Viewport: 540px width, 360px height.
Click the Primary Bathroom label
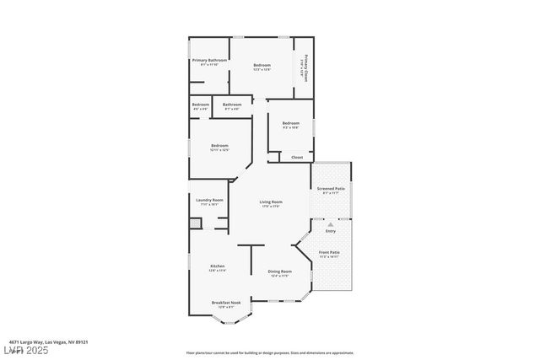[x=210, y=61]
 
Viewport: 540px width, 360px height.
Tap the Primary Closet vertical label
[x=305, y=66]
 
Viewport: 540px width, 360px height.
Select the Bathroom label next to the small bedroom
[x=231, y=105]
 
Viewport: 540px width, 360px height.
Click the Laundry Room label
[x=208, y=200]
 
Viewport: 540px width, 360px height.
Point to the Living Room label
[x=271, y=201]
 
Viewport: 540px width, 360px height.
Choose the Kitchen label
[x=218, y=266]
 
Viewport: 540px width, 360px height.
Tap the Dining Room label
[x=279, y=271]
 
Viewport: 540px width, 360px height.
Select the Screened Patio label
[x=331, y=189]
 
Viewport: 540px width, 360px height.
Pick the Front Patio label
[x=329, y=252]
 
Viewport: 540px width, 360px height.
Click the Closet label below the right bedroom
[x=297, y=157]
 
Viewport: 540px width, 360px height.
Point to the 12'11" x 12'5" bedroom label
[x=219, y=146]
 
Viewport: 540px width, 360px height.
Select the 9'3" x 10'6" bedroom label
[x=291, y=124]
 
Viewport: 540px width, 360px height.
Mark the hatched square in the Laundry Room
[x=194, y=223]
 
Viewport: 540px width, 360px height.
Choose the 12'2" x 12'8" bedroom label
[x=262, y=66]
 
